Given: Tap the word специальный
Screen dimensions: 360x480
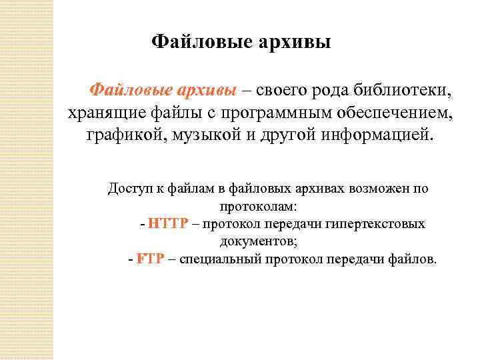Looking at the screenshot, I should pos(217,259).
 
